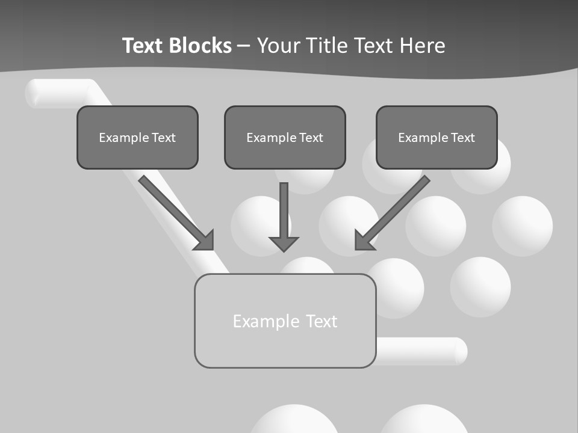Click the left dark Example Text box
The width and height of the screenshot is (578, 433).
137,137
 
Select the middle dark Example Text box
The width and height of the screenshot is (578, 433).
285,137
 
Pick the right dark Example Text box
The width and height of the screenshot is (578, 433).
437,137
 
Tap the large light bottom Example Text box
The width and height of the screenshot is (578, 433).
285,321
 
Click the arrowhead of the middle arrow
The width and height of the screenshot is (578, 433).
284,243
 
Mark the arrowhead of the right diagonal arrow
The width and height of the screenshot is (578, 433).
363,241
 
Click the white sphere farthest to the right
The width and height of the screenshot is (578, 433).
522,226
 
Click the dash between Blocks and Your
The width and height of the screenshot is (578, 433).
244,46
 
